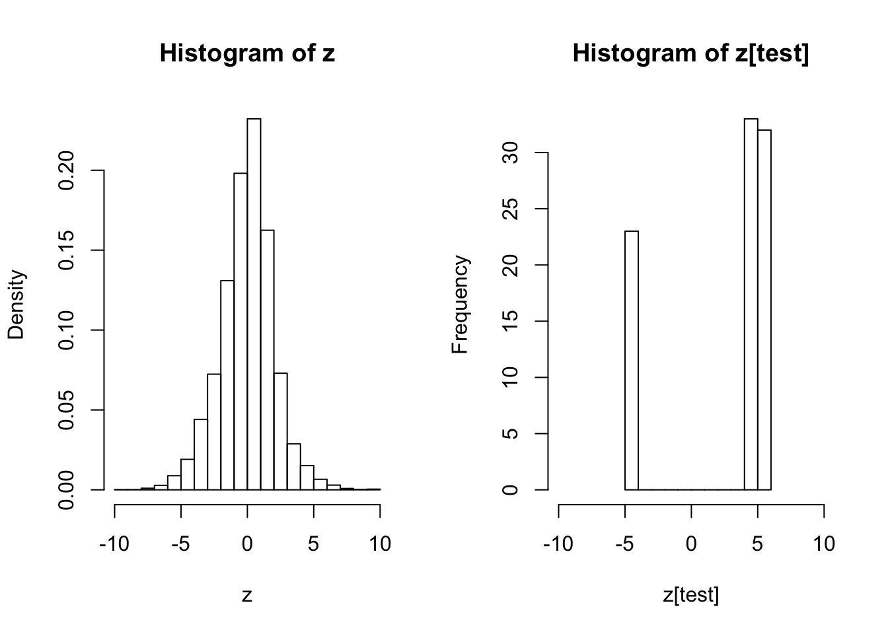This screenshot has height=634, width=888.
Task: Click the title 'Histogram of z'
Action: [x=247, y=53]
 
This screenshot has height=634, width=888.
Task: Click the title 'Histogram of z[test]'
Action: [x=690, y=53]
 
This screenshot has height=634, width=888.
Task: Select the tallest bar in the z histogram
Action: [x=254, y=304]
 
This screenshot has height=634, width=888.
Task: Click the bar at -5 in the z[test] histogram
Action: [x=632, y=360]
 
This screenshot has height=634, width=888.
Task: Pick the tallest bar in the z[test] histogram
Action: [x=751, y=304]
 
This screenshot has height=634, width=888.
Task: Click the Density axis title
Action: [x=16, y=304]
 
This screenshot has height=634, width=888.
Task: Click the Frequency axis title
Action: [x=460, y=304]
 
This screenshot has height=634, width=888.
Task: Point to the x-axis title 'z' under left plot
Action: [x=247, y=595]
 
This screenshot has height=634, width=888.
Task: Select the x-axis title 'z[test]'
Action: [x=690, y=595]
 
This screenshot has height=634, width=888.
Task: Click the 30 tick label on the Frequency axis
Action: [x=509, y=153]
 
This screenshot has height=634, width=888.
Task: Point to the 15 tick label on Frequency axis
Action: [x=509, y=322]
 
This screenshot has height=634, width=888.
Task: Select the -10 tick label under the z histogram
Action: [x=115, y=544]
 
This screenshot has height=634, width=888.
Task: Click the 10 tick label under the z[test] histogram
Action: [x=823, y=544]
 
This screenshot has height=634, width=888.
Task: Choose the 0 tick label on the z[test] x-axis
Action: [x=691, y=544]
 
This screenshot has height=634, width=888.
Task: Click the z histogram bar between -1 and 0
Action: [x=240, y=330]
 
